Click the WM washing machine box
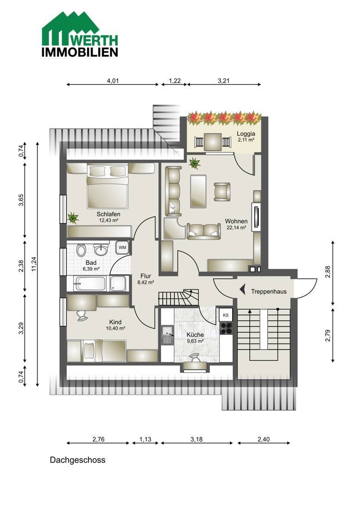[122, 248]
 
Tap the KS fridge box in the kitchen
[226, 315]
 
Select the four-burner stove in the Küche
[226, 328]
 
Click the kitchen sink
[168, 335]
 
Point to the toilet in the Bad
[81, 250]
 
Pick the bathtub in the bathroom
[90, 284]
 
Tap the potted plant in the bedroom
[73, 217]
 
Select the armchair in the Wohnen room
[222, 191]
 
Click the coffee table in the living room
[198, 191]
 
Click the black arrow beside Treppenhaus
[242, 289]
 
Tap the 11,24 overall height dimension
[34, 264]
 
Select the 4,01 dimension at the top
[113, 81]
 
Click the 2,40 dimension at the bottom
[264, 439]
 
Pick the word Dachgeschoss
[78, 460]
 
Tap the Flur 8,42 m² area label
[145, 279]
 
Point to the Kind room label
[115, 322]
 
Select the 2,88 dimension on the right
[328, 272]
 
